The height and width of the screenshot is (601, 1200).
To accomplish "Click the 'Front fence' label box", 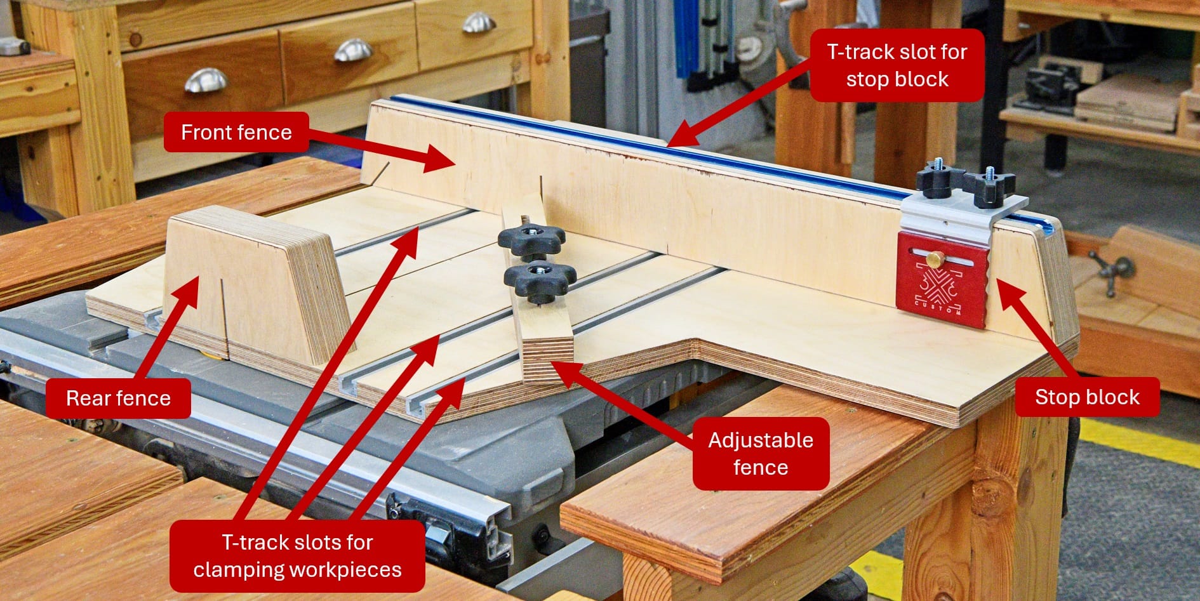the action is (x=236, y=132).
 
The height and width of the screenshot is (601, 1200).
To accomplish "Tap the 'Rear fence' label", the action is (x=118, y=398).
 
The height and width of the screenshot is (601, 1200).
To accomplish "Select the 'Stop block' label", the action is (x=1087, y=397).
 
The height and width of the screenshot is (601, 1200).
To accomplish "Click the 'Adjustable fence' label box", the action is (x=761, y=453).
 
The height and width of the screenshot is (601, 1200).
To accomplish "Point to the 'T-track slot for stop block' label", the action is (x=897, y=65).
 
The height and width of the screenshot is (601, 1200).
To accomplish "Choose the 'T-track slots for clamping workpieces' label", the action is (x=297, y=556).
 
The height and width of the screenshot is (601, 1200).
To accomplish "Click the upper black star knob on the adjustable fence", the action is (x=531, y=238).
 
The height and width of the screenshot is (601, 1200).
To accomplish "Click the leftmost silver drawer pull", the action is (x=206, y=81).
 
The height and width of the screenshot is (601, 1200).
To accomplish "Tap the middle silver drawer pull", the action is (x=353, y=50).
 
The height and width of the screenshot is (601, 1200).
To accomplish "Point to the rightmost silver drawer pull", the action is (x=479, y=22).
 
